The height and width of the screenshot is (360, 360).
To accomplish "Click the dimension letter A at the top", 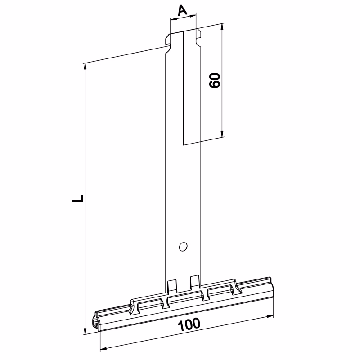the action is coord(183,10).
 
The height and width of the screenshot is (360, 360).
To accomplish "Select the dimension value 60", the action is coord(215,81).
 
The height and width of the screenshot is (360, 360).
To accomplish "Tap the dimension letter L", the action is coord(78,198).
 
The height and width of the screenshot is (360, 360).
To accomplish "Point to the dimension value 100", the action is coord(189,324).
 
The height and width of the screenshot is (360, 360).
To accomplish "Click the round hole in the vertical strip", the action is coord(183,247).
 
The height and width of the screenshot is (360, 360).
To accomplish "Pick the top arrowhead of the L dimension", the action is coord(85,67).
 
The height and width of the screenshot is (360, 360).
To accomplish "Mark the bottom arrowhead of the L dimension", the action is coord(85,331).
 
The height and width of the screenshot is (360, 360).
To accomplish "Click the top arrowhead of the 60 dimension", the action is coord(222,27).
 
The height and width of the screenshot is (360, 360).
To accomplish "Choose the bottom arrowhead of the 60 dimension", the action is coord(222,134).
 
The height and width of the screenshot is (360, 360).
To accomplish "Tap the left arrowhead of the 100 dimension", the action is coord(104,349).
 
